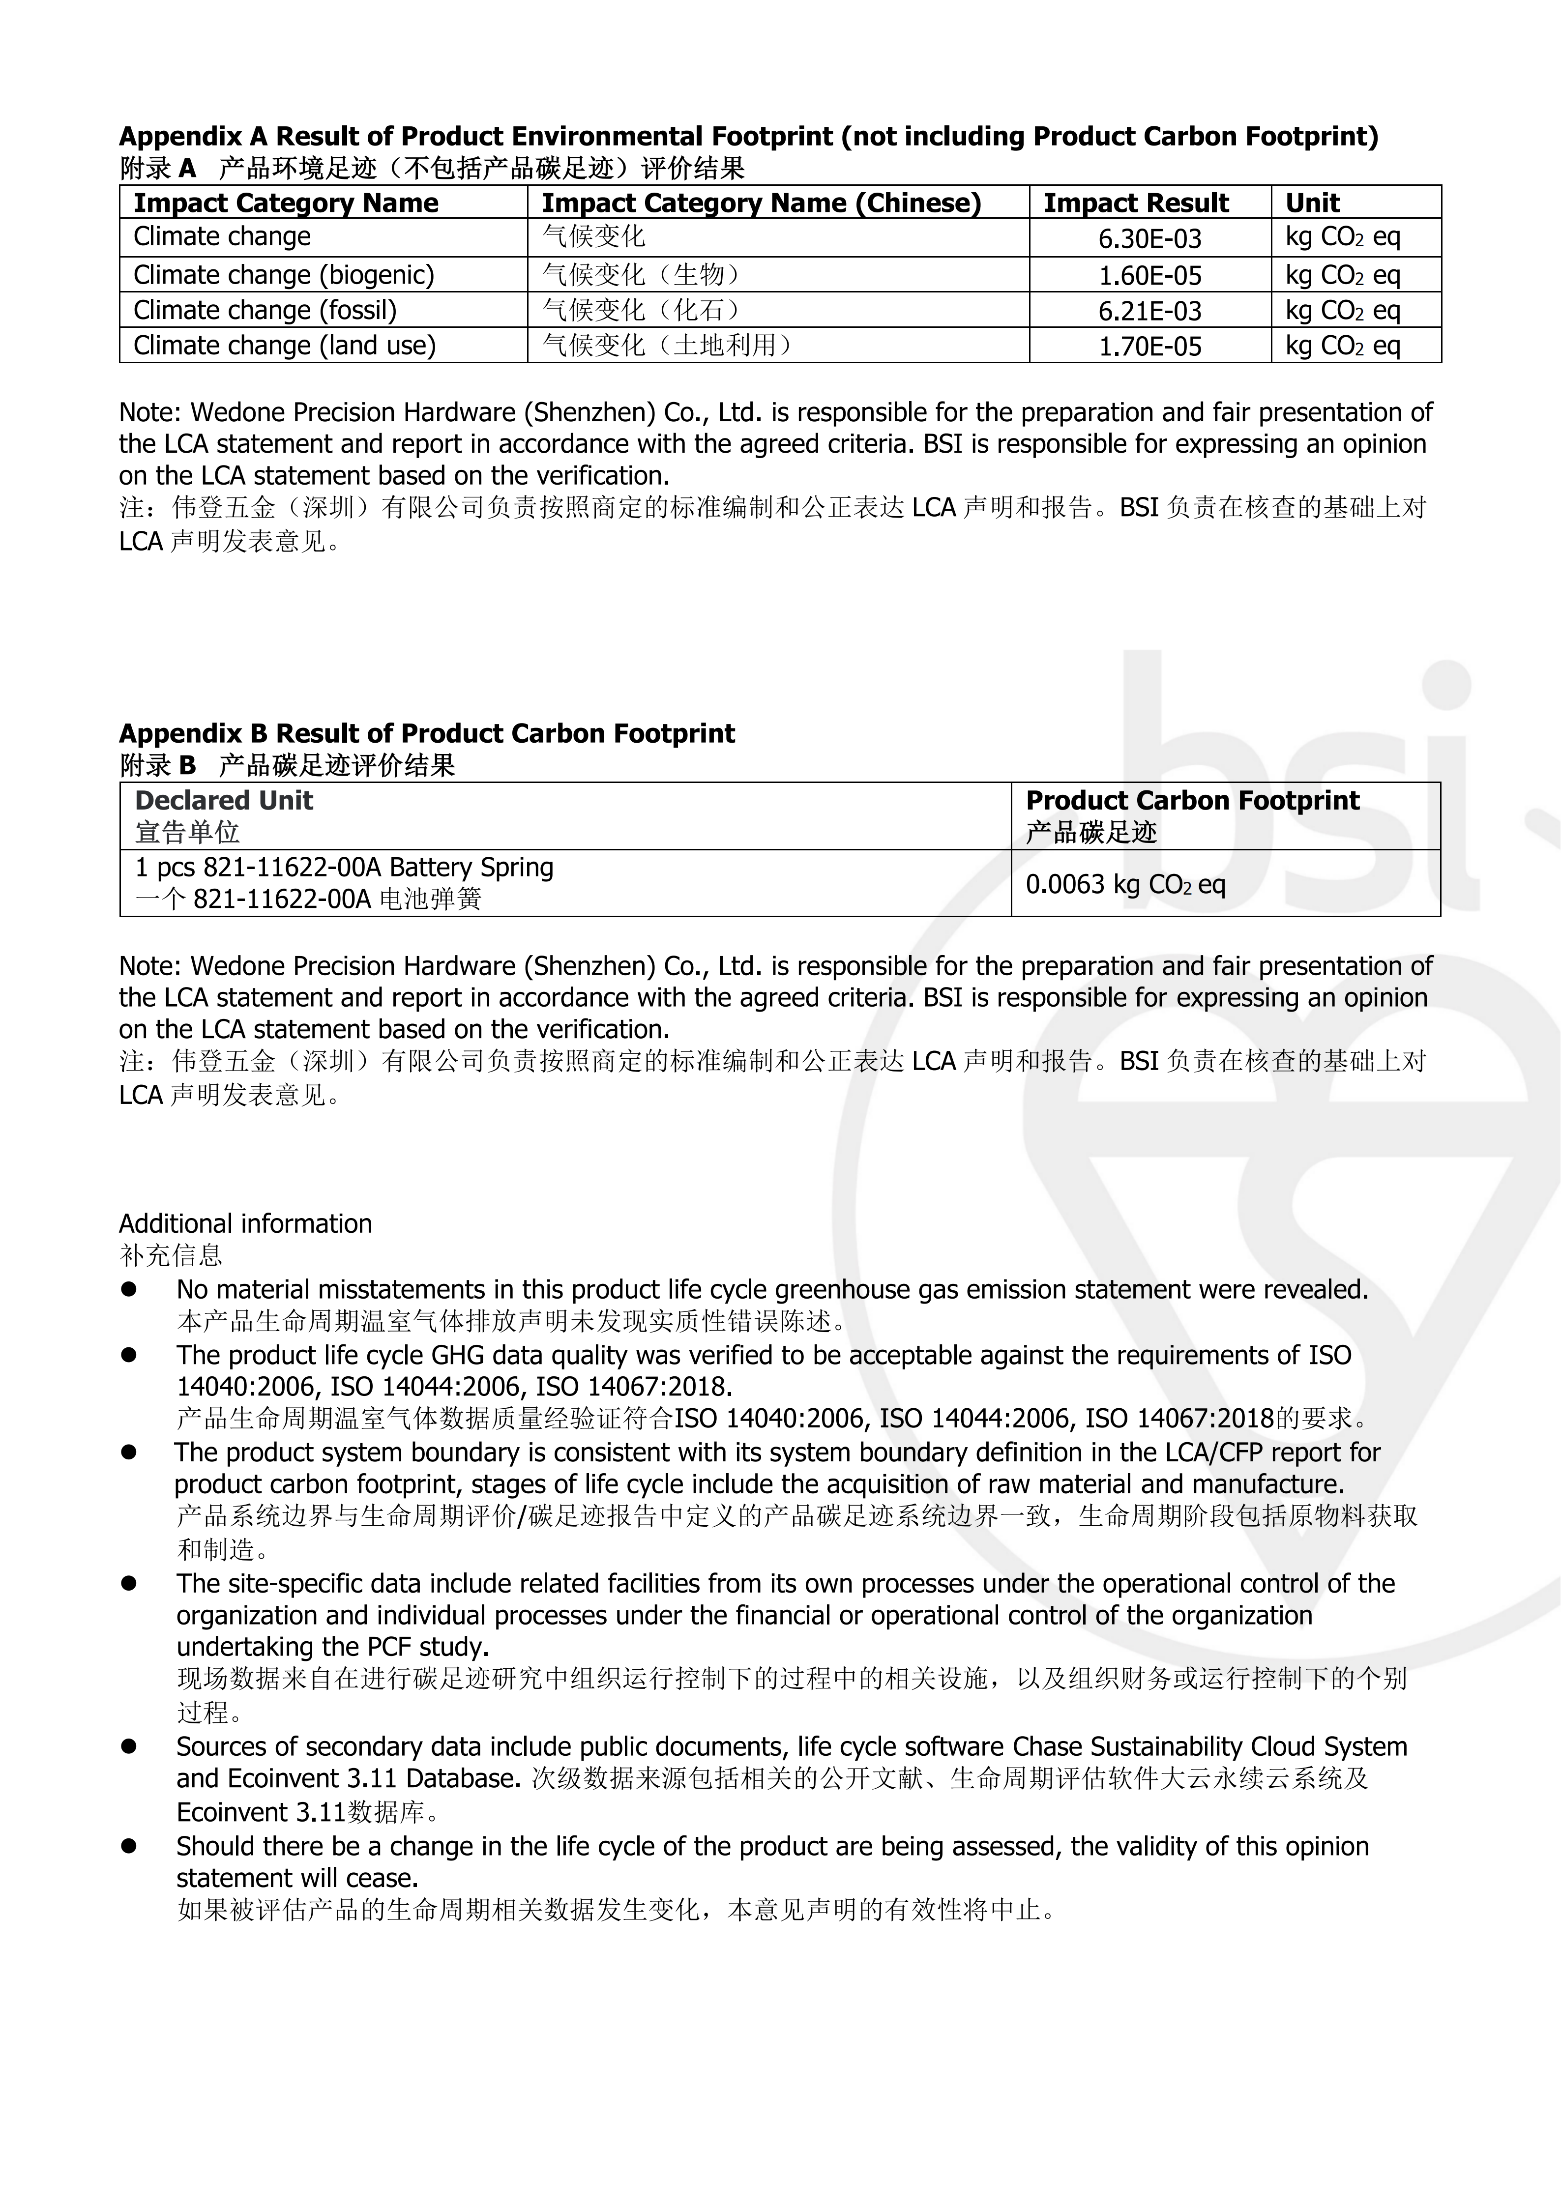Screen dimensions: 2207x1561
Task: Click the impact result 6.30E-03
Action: coord(1149,238)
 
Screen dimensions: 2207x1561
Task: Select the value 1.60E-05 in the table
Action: coord(1149,276)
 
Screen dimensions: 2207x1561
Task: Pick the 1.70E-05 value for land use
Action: coord(1149,346)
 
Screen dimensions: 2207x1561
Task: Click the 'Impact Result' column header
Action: coord(1136,203)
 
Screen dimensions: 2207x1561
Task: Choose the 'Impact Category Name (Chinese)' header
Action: coord(761,203)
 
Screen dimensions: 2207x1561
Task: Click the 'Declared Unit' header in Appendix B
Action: coord(224,801)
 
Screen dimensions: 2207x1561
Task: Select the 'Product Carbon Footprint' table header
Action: coord(1192,801)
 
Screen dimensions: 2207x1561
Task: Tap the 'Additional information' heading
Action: coord(245,1223)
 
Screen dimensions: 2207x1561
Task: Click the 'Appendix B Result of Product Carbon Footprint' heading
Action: coord(427,733)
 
